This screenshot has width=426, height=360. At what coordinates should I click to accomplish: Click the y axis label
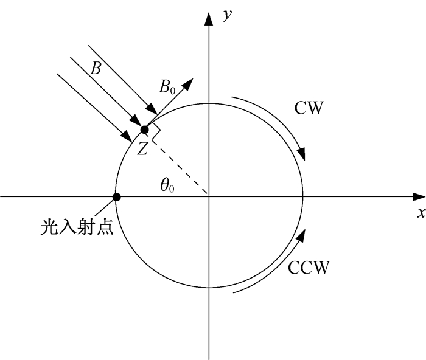(227, 15)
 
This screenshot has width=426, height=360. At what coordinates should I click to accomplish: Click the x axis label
(421, 213)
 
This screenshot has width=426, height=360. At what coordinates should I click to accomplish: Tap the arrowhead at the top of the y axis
(209, 19)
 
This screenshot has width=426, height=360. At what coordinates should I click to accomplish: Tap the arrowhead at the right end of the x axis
(419, 196)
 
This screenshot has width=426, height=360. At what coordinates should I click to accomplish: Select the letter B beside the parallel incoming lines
(96, 68)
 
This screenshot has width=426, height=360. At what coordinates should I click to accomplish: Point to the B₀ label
(167, 87)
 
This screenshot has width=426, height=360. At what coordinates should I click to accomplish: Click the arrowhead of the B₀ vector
(187, 84)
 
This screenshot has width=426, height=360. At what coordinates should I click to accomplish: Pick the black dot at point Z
(145, 130)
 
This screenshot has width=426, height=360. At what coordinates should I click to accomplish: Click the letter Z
(142, 149)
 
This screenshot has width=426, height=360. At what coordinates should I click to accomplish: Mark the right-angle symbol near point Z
(155, 131)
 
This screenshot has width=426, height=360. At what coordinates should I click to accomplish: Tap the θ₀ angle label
(167, 186)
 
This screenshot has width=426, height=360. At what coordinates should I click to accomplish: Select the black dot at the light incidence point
(117, 197)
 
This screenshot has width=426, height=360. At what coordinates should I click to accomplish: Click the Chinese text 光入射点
(77, 226)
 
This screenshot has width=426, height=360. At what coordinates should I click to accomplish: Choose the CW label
(309, 108)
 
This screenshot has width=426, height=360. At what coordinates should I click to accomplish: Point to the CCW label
(309, 268)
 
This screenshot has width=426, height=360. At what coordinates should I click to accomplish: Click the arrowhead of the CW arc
(302, 154)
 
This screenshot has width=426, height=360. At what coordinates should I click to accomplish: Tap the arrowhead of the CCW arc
(301, 236)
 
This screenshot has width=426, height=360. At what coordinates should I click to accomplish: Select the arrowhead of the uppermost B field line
(152, 109)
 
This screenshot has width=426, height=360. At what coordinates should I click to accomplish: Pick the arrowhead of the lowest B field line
(127, 136)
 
